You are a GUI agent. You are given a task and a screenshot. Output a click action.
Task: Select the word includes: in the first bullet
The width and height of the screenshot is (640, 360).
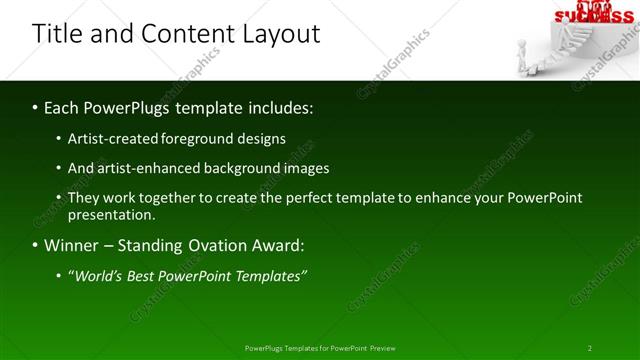[275, 106]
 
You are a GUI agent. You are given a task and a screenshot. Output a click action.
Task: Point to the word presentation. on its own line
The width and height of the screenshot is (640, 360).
[112, 215]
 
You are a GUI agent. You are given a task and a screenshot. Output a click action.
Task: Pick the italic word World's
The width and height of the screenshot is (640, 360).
[99, 275]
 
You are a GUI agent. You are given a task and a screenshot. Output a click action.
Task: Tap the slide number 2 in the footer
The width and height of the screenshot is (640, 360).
[590, 348]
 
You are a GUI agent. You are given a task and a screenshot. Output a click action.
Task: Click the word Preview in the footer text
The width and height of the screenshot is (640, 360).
[383, 348]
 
